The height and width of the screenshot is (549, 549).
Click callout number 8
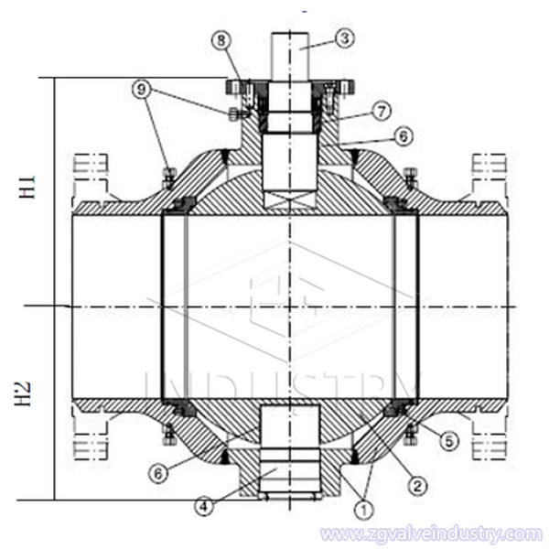[x=221, y=40]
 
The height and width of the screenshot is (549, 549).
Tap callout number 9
[x=139, y=90]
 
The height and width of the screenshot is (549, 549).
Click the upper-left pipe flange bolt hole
[x=89, y=166]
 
